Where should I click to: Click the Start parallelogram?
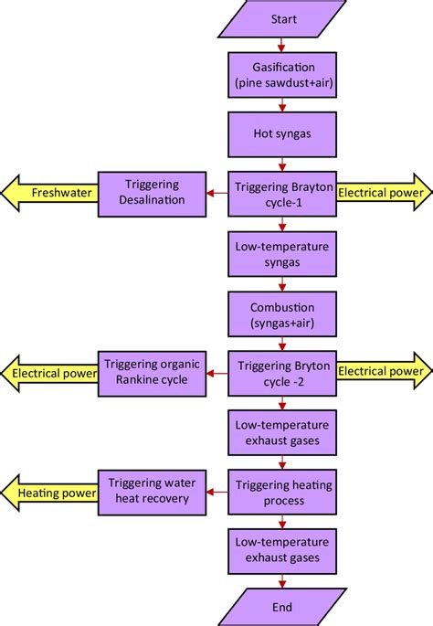tap(284, 19)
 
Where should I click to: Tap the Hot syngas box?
tap(284, 133)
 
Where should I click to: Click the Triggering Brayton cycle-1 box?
tap(284, 193)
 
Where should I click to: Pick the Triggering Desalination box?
tap(152, 193)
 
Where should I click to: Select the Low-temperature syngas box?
tap(284, 252)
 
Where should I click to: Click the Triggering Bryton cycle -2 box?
tap(284, 372)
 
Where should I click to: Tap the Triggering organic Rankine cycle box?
tap(152, 372)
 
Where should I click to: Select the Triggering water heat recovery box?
tap(152, 490)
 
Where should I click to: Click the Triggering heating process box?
tap(284, 491)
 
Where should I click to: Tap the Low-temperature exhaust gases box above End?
tap(284, 550)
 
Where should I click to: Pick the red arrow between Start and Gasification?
tap(284, 45)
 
